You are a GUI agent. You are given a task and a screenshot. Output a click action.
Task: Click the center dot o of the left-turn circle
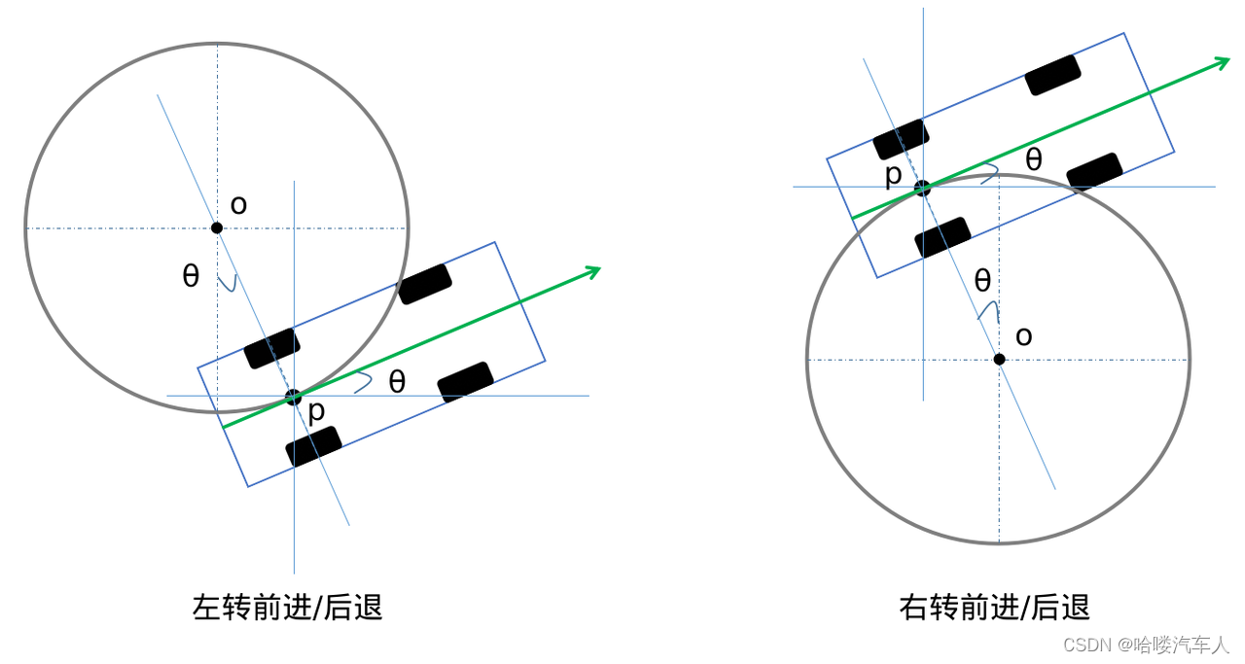click(x=217, y=227)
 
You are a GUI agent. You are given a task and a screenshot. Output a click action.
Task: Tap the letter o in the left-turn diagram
click(x=238, y=205)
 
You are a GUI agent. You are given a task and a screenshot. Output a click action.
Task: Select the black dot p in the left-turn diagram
click(x=293, y=397)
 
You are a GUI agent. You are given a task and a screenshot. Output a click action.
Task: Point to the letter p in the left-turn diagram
click(x=316, y=412)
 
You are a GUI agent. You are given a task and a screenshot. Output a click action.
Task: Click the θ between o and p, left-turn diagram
click(x=191, y=276)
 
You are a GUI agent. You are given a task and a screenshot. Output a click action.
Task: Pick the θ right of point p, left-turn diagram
click(x=397, y=381)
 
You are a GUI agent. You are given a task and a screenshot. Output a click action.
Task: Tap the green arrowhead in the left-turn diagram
click(x=591, y=271)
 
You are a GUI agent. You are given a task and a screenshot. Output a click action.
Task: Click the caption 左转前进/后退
click(x=288, y=608)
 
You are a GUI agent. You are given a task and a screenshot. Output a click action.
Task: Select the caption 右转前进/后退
click(x=994, y=608)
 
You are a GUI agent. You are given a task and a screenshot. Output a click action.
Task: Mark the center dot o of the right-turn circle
click(x=999, y=360)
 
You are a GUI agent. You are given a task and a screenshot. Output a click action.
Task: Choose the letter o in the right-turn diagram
click(x=1023, y=336)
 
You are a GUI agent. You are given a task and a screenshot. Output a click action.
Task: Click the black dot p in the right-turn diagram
click(x=922, y=188)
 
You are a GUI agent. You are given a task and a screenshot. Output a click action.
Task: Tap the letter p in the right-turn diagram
click(x=894, y=175)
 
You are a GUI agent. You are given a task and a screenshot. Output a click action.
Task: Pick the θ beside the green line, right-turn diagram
click(x=1034, y=159)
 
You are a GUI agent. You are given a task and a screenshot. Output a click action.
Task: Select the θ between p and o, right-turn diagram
click(x=982, y=281)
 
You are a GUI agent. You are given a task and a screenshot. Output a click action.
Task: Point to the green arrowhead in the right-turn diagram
click(x=1221, y=63)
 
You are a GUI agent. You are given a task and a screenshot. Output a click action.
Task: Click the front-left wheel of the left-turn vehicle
click(x=425, y=284)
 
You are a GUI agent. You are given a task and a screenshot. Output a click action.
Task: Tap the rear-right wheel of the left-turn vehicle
click(x=313, y=446)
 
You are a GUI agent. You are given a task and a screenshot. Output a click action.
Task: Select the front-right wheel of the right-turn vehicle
click(x=1094, y=172)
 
